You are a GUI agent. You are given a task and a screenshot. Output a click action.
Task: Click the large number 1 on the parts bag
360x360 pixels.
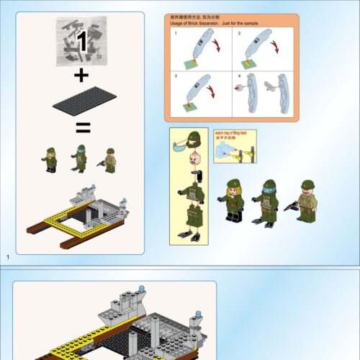click(x=82, y=42)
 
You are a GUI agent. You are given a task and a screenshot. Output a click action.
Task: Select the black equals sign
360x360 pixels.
click(x=83, y=129)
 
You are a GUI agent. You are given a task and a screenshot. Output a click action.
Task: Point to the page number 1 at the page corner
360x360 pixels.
click(x=7, y=257)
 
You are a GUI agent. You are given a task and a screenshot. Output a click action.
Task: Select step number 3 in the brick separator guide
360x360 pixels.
click(x=175, y=76)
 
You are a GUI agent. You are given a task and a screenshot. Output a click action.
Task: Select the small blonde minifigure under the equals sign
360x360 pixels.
click(x=51, y=159)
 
